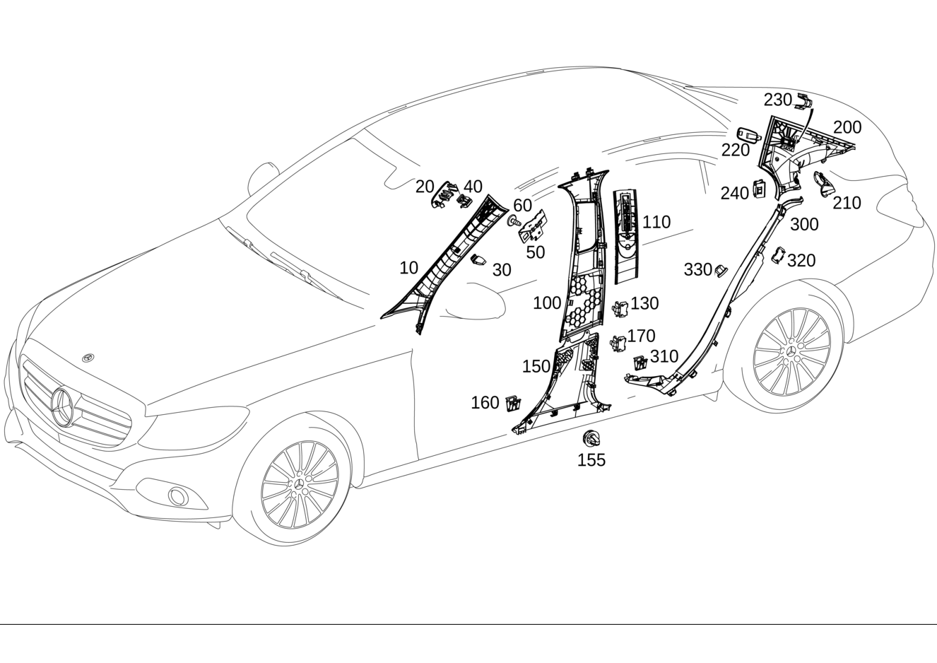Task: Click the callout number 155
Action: point(591,459)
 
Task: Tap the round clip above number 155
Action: point(591,438)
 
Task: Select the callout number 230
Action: point(777,100)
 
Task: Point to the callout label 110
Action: point(656,222)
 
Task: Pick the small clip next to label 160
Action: point(513,403)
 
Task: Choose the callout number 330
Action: point(697,269)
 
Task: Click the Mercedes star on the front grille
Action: point(62,407)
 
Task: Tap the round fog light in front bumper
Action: point(179,496)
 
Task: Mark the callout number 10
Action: point(408,268)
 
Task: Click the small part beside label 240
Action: point(759,189)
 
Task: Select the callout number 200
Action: point(847,127)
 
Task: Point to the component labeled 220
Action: point(749,134)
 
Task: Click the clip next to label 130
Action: point(620,309)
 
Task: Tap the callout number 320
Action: point(801,260)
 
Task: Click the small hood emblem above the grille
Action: point(88,358)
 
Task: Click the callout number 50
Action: point(536,252)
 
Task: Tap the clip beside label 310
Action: point(640,362)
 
